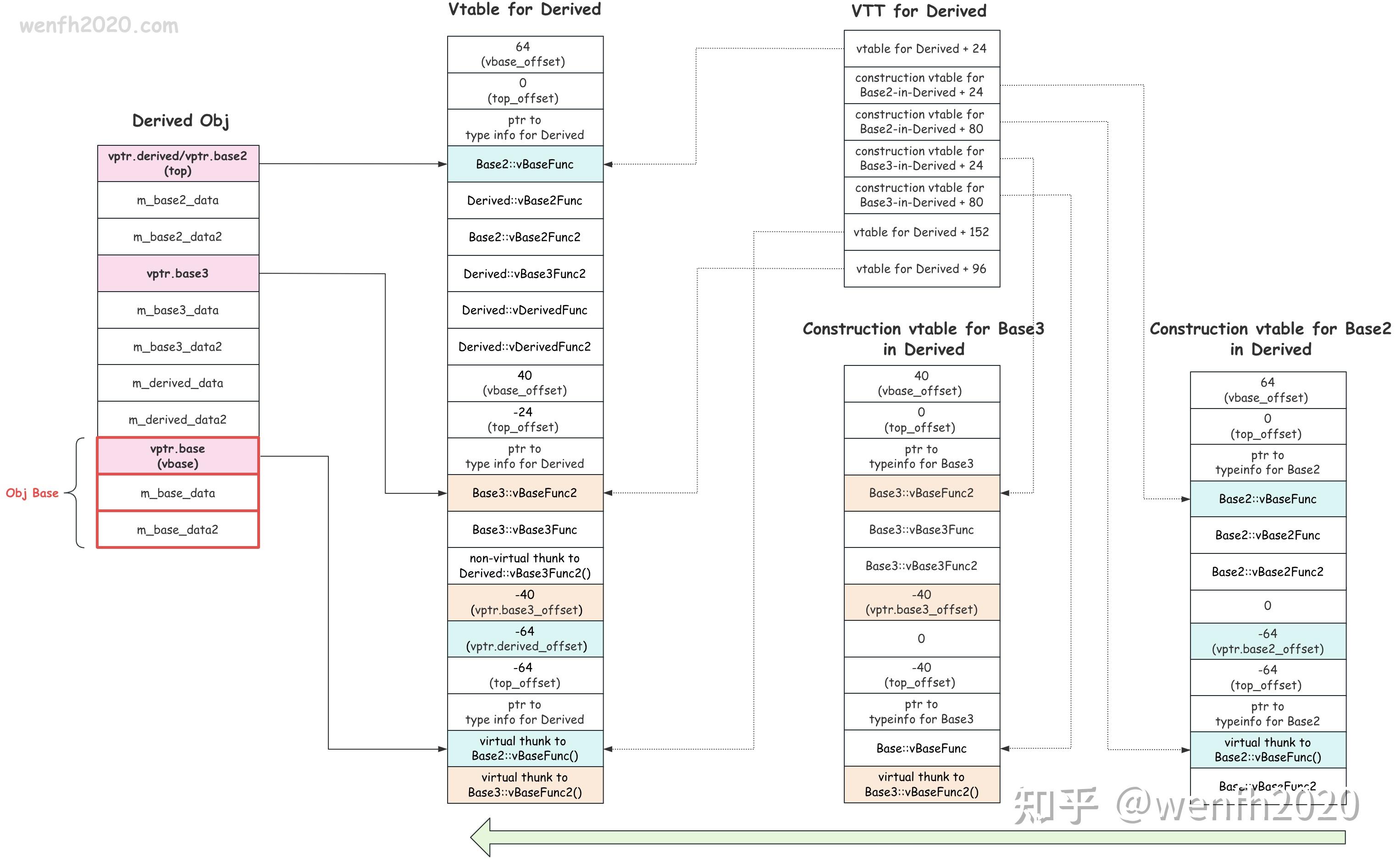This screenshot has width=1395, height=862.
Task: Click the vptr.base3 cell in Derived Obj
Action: pyautogui.click(x=178, y=274)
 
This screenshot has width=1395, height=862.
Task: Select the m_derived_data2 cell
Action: pyautogui.click(x=178, y=420)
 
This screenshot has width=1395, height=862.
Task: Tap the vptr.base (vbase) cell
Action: pyautogui.click(x=178, y=456)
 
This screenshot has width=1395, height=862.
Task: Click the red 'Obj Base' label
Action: pyautogui.click(x=32, y=493)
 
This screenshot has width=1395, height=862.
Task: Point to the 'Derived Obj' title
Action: pyautogui.click(x=181, y=121)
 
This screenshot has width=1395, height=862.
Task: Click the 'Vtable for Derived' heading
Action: pyautogui.click(x=525, y=10)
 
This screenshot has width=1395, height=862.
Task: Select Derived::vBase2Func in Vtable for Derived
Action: pyautogui.click(x=525, y=201)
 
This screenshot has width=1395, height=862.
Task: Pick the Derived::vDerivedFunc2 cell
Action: pyautogui.click(x=525, y=347)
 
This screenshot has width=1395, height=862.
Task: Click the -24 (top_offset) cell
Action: pyautogui.click(x=525, y=420)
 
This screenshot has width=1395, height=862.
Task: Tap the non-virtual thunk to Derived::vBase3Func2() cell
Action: pyautogui.click(x=525, y=565)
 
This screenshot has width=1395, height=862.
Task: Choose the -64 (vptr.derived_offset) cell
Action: pyautogui.click(x=525, y=639)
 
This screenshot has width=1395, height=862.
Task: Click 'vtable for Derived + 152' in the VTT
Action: pyautogui.click(x=921, y=232)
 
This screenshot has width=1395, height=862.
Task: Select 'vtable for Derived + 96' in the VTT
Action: pyautogui.click(x=921, y=269)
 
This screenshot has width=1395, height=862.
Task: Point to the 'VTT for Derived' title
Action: pyautogui.click(x=919, y=11)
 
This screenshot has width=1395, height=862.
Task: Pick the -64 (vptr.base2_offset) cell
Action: pyautogui.click(x=1268, y=641)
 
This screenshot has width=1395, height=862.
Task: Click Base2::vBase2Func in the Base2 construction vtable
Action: pyautogui.click(x=1268, y=536)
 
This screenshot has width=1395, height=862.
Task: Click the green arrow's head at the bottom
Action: pyautogui.click(x=482, y=837)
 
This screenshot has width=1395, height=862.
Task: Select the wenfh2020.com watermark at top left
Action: pyautogui.click(x=99, y=26)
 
